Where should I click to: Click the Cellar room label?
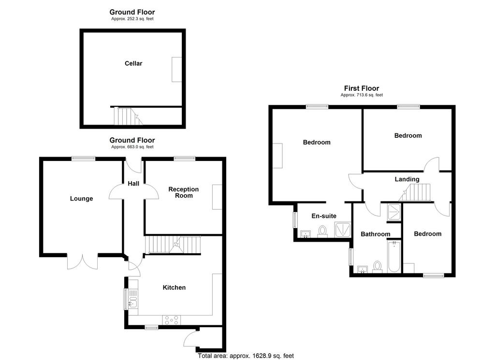[x=133, y=63]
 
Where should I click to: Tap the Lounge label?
[x=81, y=199]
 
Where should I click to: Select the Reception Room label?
[x=183, y=192]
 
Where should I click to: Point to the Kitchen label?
[x=174, y=288]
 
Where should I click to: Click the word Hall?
[x=133, y=183]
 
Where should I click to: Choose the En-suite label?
[x=324, y=216]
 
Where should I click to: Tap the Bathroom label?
[x=375, y=234]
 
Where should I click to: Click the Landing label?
[x=407, y=179]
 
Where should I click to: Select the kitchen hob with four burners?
[x=172, y=320]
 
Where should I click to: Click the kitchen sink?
[x=133, y=302]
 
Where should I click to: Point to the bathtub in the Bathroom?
[x=394, y=257]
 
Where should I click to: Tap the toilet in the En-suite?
[x=322, y=231]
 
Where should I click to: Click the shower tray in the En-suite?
[x=343, y=230]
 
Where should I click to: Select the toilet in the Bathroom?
[x=377, y=267]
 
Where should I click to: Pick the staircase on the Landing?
[x=415, y=192]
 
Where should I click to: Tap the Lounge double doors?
[x=82, y=261]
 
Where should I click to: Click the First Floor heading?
[x=362, y=88]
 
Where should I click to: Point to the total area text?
[x=246, y=356]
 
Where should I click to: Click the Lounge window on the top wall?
[x=83, y=158]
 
